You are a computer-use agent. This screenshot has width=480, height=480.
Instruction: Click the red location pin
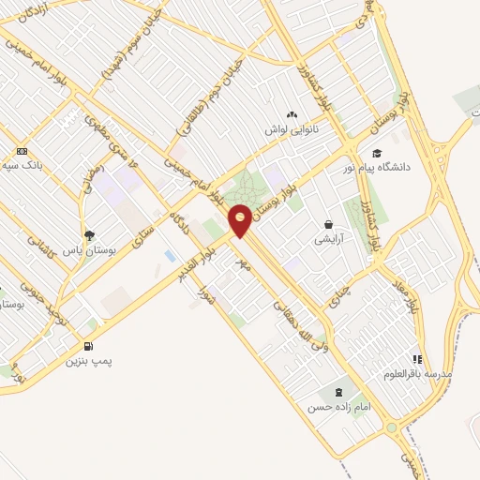coord(241,219)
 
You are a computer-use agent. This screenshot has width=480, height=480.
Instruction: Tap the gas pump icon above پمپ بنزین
coord(90,345)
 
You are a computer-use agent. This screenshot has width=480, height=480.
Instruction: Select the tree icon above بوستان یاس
coord(89,236)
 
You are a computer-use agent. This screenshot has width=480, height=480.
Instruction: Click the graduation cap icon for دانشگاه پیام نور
coord(377,153)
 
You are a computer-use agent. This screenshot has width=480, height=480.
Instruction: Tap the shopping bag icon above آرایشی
coord(329,224)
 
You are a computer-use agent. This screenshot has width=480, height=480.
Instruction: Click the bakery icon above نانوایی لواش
coord(306,114)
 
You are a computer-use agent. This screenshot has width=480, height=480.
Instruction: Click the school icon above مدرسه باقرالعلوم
coord(417,359)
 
